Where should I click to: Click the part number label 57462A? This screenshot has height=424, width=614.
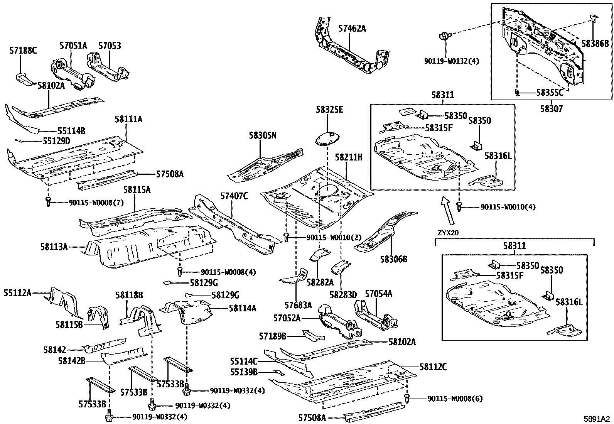pos(352,28)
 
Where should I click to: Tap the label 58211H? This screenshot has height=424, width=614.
pos(348,157)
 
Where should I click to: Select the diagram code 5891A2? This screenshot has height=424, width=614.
pos(596,419)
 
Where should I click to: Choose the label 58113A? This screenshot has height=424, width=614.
pos(54,246)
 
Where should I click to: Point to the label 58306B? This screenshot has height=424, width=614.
pos(394,259)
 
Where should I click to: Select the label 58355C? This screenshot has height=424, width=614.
pos(550,93)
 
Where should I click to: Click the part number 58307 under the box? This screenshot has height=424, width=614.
pos(551,109)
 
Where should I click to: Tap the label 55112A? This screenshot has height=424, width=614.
pos(18,293)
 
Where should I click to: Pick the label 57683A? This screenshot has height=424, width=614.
pos(298,305)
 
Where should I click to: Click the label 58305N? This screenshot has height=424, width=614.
pos(262,135)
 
